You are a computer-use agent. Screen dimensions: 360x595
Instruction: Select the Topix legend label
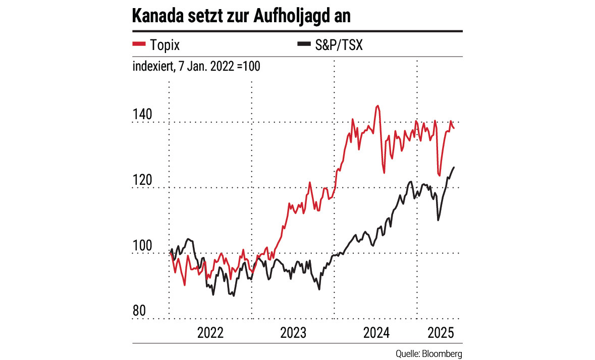[165, 45]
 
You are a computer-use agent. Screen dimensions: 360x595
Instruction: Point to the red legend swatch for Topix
[139, 45]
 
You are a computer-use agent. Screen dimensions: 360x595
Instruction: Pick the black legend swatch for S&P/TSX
[302, 45]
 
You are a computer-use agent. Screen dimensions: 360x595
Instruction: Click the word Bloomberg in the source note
[445, 353]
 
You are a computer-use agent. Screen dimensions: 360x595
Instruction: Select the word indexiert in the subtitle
[150, 66]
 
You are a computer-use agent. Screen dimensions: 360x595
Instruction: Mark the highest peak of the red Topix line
[377, 106]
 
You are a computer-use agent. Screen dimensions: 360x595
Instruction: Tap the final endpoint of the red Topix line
[454, 128]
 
